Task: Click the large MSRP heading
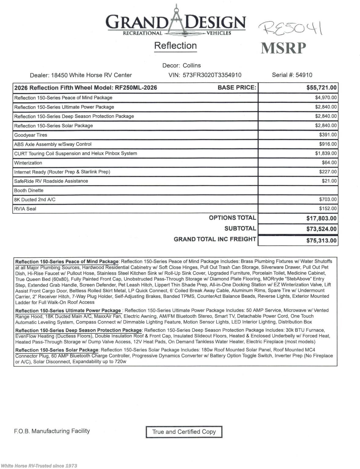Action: [x=283, y=48]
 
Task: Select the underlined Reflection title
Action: [x=175, y=46]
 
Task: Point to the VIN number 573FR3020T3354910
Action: [x=212, y=75]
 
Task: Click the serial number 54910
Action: [x=304, y=75]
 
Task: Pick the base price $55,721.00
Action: [x=321, y=88]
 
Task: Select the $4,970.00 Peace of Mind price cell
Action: [x=326, y=98]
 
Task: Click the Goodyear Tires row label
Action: [x=31, y=135]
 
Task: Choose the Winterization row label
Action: [x=28, y=163]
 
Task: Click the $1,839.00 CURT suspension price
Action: [x=326, y=153]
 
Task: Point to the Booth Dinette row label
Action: [x=29, y=191]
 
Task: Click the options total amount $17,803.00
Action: [x=321, y=218]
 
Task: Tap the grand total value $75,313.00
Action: [x=321, y=241]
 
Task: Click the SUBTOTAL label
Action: [x=240, y=229]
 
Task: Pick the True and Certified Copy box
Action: [x=184, y=432]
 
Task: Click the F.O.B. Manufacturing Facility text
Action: [x=52, y=431]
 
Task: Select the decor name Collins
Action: [x=192, y=66]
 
